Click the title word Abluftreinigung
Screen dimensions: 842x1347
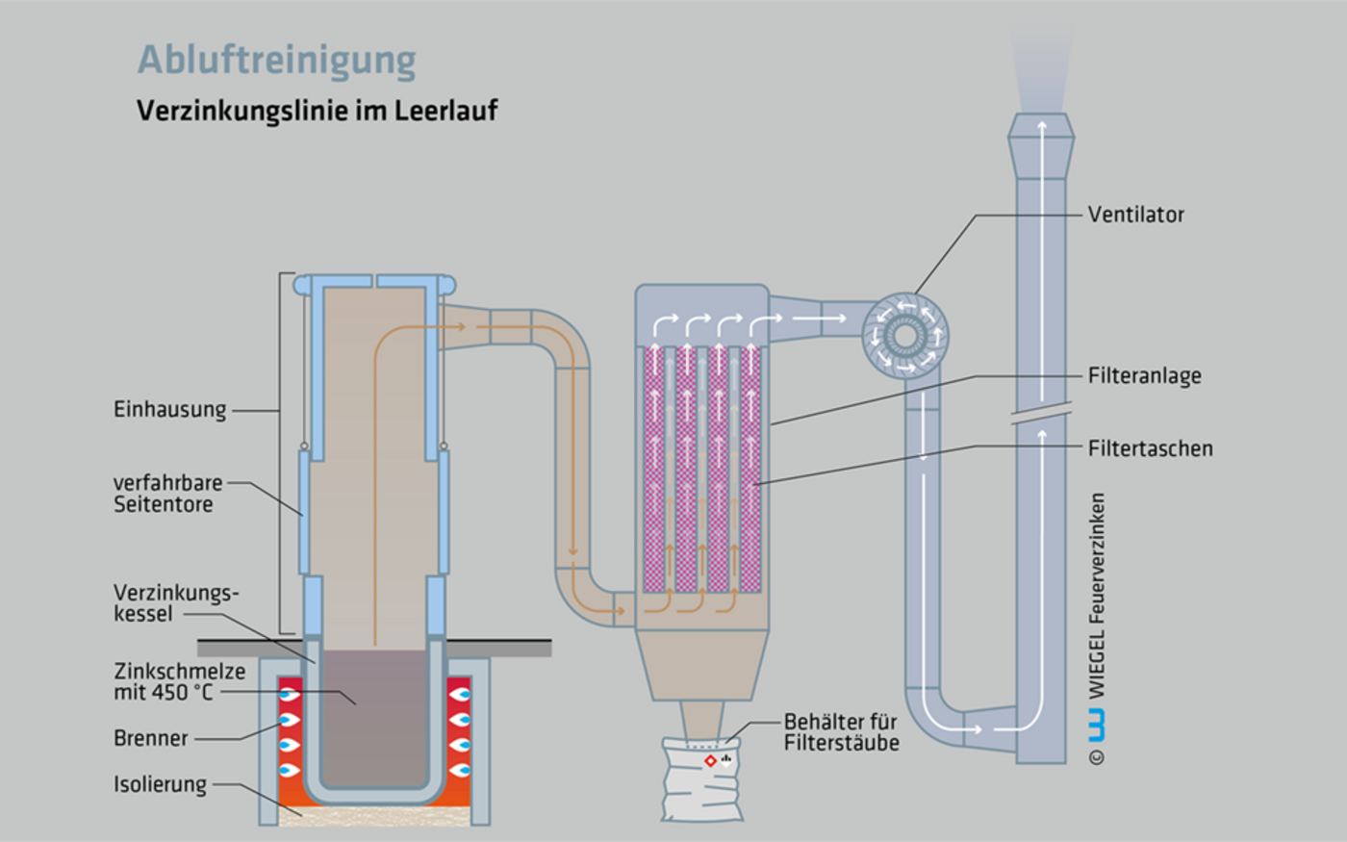277,60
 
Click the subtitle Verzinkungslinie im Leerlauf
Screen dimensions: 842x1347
318,111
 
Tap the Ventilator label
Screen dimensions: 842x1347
1135,215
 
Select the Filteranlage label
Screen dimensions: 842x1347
1144,376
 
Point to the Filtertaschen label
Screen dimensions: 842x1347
1150,448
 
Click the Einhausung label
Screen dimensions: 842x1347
170,410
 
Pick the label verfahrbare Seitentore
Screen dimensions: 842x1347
167,494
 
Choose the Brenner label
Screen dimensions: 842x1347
151,739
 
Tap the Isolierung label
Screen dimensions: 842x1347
160,784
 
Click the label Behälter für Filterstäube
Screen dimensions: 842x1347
841,732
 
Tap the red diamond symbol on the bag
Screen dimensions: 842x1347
710,761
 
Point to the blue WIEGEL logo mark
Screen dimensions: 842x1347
1096,725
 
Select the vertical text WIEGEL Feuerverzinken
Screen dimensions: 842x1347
1097,597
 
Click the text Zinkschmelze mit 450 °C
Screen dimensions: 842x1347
179,682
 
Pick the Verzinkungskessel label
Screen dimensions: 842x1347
175,603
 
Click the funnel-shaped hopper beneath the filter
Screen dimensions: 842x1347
701,664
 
